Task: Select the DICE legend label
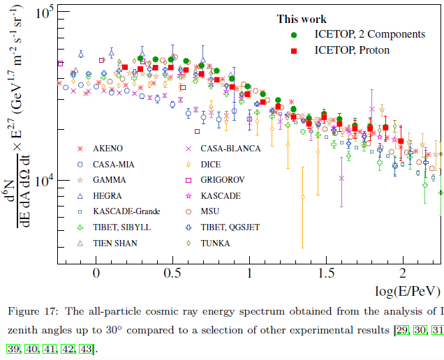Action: (x=212, y=164)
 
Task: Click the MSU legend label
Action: (x=211, y=211)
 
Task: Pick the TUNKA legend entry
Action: (x=216, y=243)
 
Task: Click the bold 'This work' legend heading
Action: (x=302, y=19)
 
